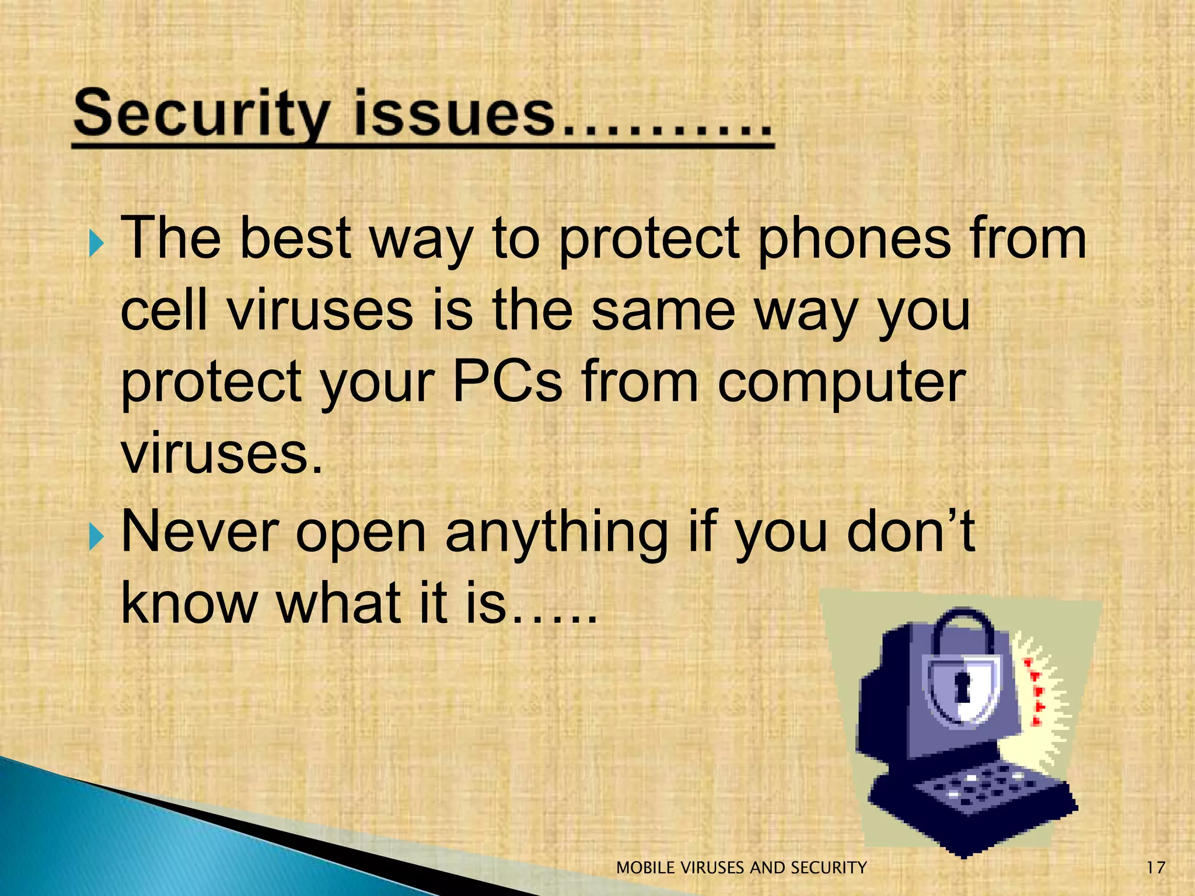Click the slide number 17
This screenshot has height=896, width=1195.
(1155, 867)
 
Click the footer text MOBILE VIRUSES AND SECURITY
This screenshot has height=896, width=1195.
(741, 868)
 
